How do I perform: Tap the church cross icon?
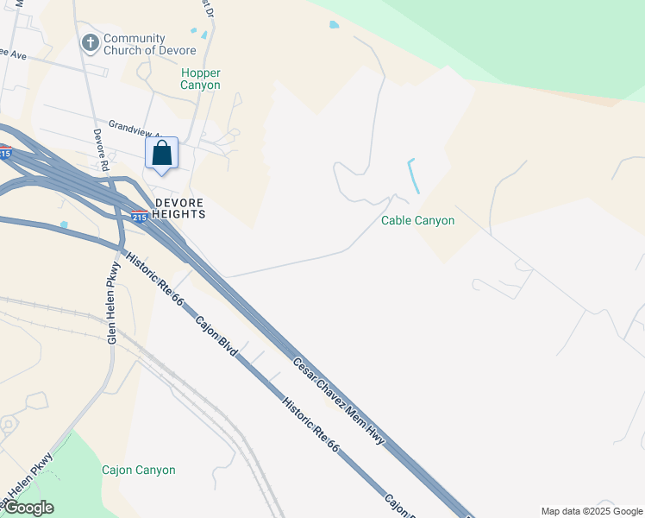pos(89,42)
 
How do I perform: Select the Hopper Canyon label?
pos(200,79)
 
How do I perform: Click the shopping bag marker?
pos(162,154)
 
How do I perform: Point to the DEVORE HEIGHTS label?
pos(179,208)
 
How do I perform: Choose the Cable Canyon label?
pos(417,221)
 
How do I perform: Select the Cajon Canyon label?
pos(138,471)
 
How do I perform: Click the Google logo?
pos(28,508)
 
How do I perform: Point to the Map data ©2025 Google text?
pos(592,511)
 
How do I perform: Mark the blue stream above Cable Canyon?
pos(413,174)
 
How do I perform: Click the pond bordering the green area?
pos(334,25)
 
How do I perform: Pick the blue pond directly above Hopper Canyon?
pos(204,34)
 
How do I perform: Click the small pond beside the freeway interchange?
pos(64,225)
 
